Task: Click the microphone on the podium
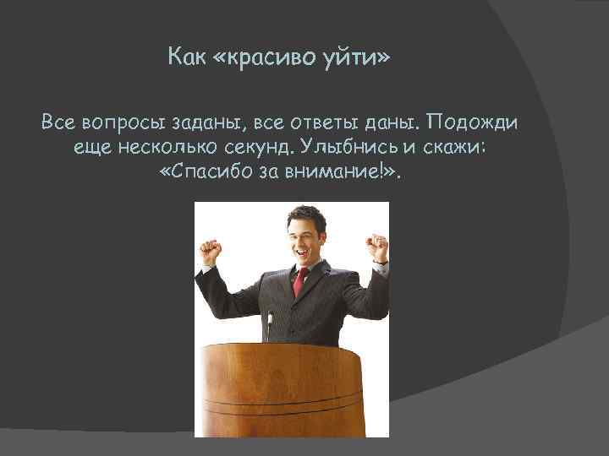pos(270,325)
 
